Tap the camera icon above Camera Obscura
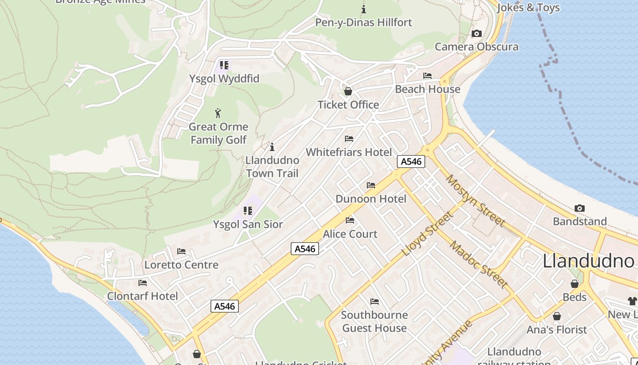click(477, 33)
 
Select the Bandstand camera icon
click(579, 208)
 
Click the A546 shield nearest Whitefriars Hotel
click(411, 161)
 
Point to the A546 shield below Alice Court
click(305, 249)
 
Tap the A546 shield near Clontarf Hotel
click(225, 306)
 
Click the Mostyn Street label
click(475, 200)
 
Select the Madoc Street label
click(478, 264)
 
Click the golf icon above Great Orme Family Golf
click(218, 113)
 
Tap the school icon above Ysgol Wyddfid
click(224, 65)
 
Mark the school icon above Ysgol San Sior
click(248, 210)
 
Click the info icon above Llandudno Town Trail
click(272, 147)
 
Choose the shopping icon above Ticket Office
click(348, 91)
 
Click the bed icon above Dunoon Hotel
click(371, 185)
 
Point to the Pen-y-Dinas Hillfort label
click(363, 22)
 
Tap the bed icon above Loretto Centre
click(181, 251)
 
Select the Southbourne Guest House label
click(374, 321)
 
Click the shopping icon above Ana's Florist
click(556, 316)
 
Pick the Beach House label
click(427, 89)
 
